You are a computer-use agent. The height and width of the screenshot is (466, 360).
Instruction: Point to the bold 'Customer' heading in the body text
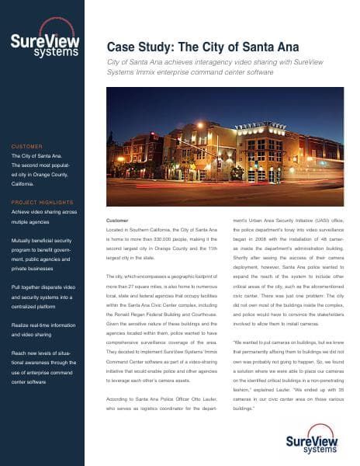pos(118,221)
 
